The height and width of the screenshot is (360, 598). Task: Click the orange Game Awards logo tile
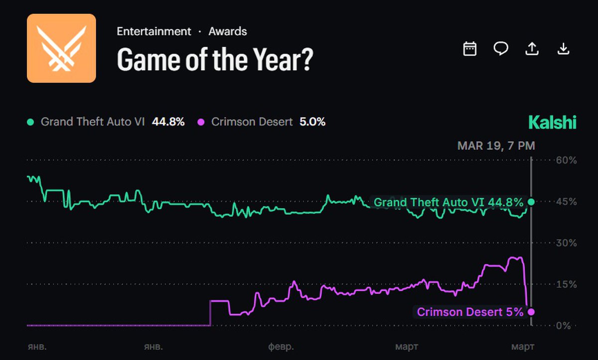coord(61,48)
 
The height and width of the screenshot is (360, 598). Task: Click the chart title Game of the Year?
coord(215,60)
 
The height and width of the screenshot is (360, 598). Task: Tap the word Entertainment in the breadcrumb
coord(154,31)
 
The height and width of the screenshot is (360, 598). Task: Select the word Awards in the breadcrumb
coord(228,31)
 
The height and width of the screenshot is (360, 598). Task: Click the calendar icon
coord(470,48)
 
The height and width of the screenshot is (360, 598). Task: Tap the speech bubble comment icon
coord(501,48)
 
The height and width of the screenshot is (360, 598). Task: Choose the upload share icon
coord(532,48)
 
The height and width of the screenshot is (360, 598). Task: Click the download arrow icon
coord(563,48)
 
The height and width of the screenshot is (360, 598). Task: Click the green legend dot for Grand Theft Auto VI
coord(31,122)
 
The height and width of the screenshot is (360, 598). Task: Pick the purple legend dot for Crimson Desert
coord(201,122)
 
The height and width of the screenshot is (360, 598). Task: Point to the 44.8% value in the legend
coord(168,122)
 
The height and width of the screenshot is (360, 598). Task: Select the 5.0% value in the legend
coord(312,122)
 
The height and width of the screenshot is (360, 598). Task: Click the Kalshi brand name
coord(552,122)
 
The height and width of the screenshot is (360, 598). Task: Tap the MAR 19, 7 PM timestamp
coord(496,146)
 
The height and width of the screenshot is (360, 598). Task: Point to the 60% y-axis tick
coord(566,160)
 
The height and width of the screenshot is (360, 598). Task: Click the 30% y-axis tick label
coord(566,243)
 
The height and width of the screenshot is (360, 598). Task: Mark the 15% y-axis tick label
coord(566,284)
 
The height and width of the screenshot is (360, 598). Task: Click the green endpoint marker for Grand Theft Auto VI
coord(531,202)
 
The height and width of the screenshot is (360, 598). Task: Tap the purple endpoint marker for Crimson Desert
coord(531,312)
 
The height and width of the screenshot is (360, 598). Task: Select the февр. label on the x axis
coord(281,346)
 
